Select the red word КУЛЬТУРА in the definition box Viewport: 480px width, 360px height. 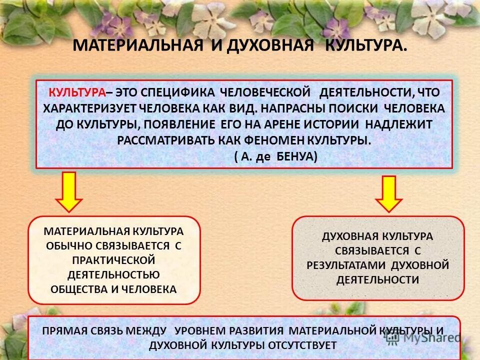pyautogui.click(x=77, y=93)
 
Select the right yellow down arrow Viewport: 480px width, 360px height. pyautogui.click(x=388, y=193)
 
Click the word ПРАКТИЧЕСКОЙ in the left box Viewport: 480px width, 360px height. pyautogui.click(x=114, y=260)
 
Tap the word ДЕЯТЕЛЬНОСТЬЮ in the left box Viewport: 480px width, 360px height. pyautogui.click(x=114, y=274)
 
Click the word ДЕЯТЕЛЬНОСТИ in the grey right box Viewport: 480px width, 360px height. pyautogui.click(x=378, y=279)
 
